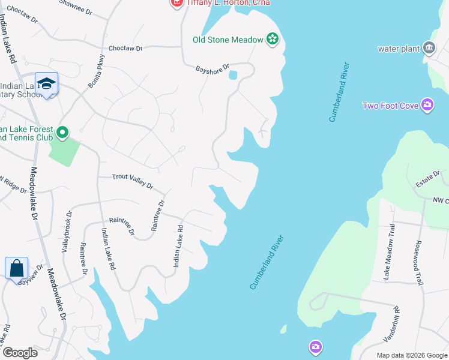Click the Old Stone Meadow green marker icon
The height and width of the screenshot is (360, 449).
coord(273,40)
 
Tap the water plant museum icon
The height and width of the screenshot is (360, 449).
coord(429,47)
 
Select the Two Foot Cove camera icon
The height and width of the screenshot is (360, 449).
coord(427,106)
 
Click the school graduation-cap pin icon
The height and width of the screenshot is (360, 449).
coord(46,84)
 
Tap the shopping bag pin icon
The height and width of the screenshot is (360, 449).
coord(17,268)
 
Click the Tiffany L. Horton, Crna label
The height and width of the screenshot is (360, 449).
coord(227,3)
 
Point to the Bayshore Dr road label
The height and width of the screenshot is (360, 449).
coord(212,70)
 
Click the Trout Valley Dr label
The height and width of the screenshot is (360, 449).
coord(133,181)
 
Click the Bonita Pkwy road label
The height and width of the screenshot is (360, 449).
coord(97,72)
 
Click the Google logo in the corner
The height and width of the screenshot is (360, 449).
coord(20,353)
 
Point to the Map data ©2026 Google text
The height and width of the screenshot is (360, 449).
coord(412,355)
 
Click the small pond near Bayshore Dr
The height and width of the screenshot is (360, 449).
coord(233,75)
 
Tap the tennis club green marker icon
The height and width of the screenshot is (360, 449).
coord(63,131)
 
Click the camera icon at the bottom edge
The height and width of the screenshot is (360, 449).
coord(316,347)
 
